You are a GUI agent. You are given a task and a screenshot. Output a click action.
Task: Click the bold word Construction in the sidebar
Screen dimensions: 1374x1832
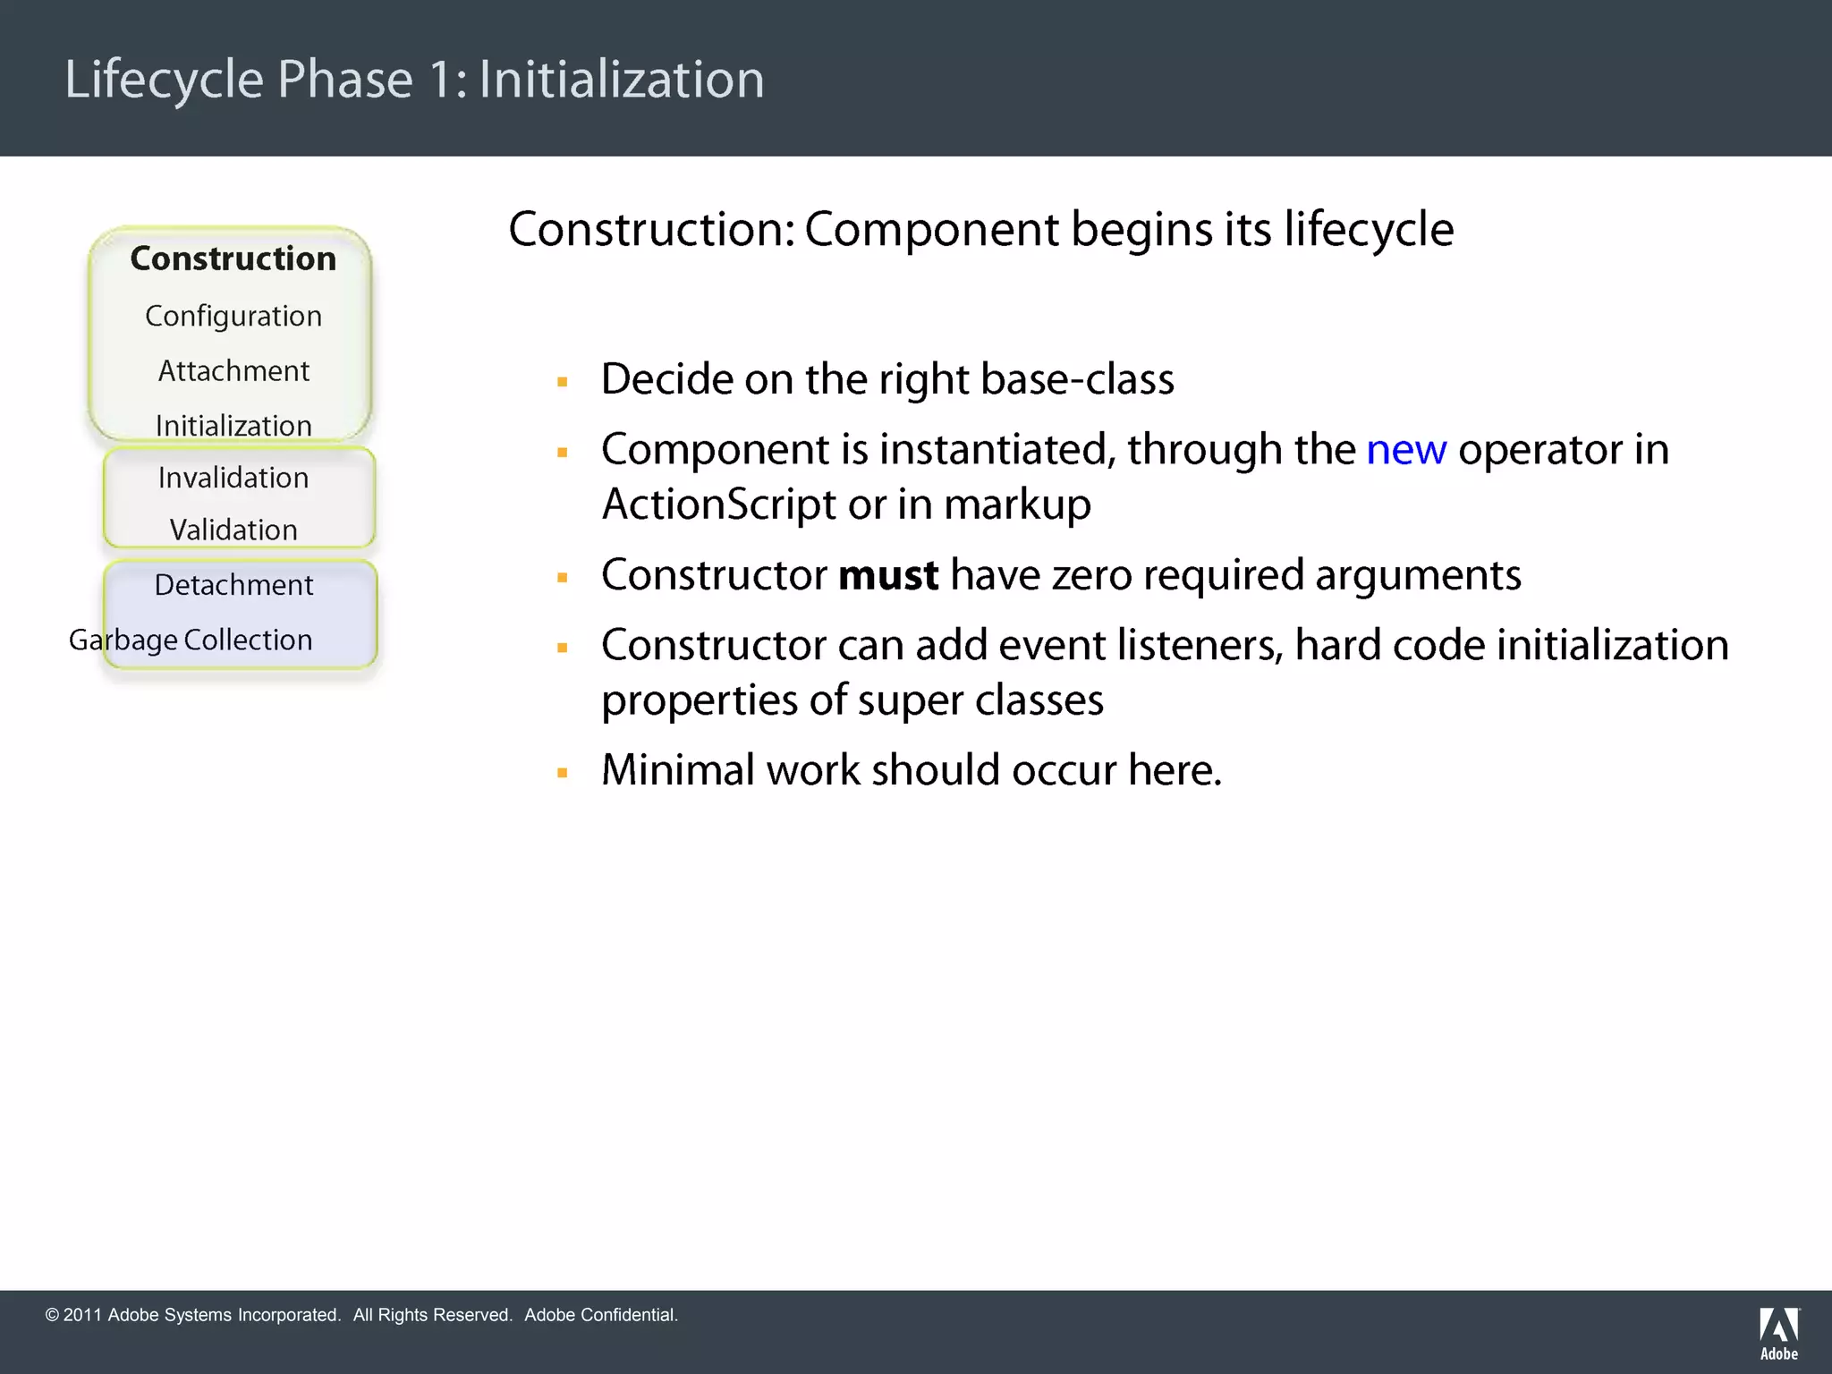233,259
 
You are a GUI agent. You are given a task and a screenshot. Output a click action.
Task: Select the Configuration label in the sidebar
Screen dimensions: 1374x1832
233,317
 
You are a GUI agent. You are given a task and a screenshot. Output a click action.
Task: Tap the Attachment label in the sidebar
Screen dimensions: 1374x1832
233,371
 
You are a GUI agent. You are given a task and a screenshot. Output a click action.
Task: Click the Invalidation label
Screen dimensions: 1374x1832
233,478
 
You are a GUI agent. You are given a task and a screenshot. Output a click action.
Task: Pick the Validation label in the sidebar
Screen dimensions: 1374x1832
233,530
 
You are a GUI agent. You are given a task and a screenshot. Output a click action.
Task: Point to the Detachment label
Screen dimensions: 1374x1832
233,585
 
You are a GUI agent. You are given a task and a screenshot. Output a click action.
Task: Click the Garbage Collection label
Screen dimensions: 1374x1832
191,640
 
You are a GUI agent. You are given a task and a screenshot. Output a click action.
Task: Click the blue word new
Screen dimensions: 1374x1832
1405,450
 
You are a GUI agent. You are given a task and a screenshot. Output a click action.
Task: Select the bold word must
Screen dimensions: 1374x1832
887,575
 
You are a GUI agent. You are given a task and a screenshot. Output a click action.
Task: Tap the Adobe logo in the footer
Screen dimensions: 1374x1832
1778,1332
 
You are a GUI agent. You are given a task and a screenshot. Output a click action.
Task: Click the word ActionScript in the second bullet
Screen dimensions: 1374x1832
718,505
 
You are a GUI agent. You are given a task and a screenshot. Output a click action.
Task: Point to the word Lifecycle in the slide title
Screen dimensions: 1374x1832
164,80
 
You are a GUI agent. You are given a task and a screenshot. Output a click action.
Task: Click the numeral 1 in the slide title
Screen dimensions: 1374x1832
441,80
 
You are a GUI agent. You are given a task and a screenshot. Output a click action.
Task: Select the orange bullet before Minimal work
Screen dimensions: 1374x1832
563,773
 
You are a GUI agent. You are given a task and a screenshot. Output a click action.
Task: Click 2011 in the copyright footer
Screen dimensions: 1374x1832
82,1315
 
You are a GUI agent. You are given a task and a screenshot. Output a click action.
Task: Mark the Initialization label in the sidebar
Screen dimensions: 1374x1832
233,426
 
